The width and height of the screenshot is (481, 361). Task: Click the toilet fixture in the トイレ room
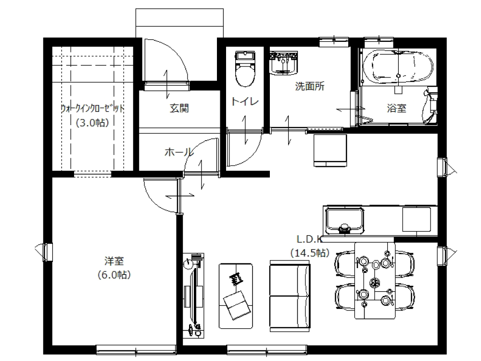pyautogui.click(x=245, y=68)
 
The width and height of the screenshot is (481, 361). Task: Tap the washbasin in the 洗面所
pyautogui.click(x=283, y=63)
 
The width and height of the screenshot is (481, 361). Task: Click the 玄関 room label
pyautogui.click(x=179, y=108)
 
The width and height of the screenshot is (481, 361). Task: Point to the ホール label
pyautogui.click(x=179, y=152)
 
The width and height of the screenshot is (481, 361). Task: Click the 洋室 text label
pyautogui.click(x=114, y=261)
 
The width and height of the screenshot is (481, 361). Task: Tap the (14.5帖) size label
pyautogui.click(x=310, y=253)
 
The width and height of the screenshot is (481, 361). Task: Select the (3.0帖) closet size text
pyautogui.click(x=93, y=123)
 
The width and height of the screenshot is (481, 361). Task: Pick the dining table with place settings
pyautogui.click(x=375, y=281)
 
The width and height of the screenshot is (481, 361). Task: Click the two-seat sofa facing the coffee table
pyautogui.click(x=290, y=296)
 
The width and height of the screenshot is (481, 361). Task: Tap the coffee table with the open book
pyautogui.click(x=236, y=296)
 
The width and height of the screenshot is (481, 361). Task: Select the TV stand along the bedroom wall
pyautogui.click(x=193, y=296)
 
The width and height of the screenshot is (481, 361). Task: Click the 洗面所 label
pyautogui.click(x=310, y=87)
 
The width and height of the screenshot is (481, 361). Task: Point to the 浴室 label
pyautogui.click(x=397, y=108)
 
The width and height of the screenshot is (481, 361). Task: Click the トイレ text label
pyautogui.click(x=245, y=101)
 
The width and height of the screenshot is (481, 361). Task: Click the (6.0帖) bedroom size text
pyautogui.click(x=114, y=275)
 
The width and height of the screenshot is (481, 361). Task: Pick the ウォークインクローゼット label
pyautogui.click(x=92, y=109)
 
